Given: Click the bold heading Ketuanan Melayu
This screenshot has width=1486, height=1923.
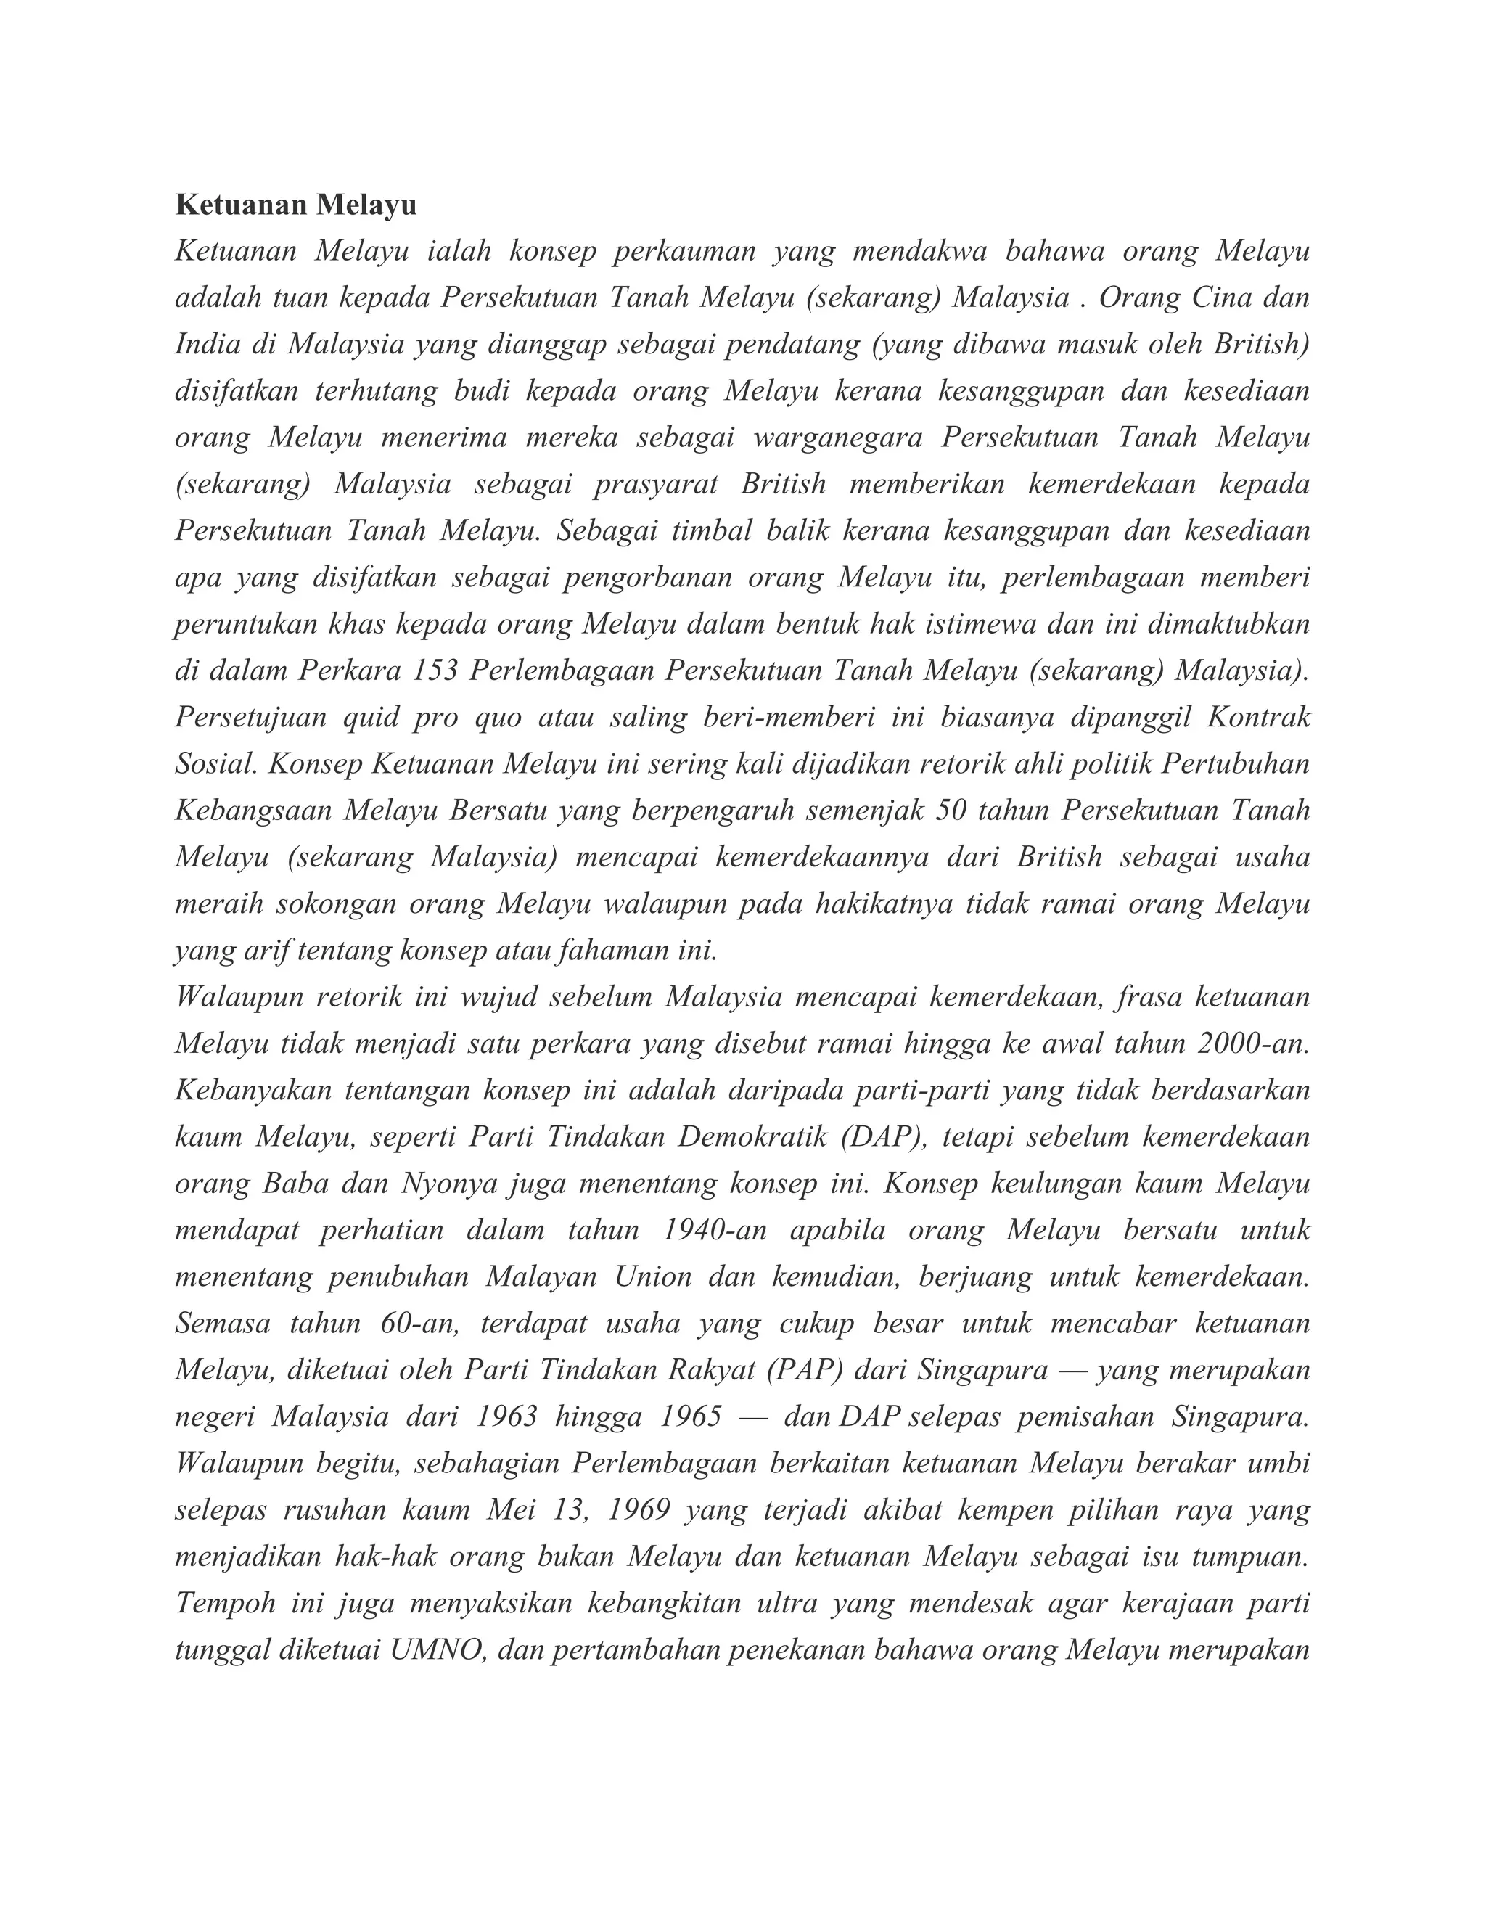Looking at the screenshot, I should coord(296,205).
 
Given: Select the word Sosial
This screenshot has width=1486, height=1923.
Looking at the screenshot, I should coord(215,764).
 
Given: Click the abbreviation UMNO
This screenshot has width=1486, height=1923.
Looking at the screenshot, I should coord(438,1650).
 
